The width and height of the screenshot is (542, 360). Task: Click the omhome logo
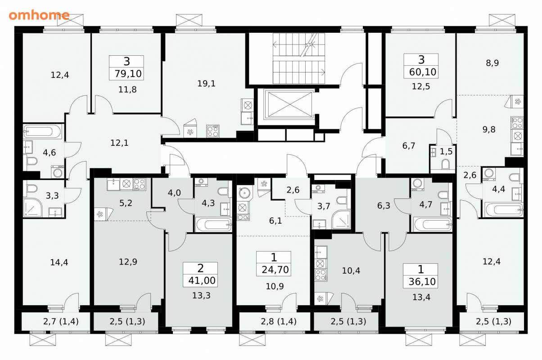tap(39, 15)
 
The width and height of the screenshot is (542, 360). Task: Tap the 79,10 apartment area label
tap(128, 73)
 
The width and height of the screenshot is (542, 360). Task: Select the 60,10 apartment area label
tap(423, 72)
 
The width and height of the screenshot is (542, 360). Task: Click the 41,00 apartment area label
tap(202, 281)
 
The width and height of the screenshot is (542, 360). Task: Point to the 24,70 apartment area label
tap(275, 270)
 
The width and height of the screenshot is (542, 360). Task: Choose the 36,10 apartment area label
tap(422, 282)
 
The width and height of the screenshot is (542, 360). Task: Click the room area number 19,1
tap(206, 84)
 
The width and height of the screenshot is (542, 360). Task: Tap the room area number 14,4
tap(59, 262)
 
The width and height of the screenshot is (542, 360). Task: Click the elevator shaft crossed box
tap(289, 104)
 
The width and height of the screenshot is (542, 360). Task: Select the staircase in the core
tap(299, 58)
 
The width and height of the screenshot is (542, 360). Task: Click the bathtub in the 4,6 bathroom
tap(43, 131)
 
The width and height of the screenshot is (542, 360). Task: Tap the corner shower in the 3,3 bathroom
tap(33, 207)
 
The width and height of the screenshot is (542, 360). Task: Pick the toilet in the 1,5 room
tap(446, 164)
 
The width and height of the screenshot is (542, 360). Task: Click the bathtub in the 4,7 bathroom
tap(433, 224)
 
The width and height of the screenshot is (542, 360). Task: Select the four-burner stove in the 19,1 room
tap(213, 131)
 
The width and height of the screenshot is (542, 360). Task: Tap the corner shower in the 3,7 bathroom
tap(341, 220)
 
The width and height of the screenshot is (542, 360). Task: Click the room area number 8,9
tap(492, 63)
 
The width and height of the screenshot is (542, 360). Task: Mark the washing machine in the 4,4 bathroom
tap(489, 175)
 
